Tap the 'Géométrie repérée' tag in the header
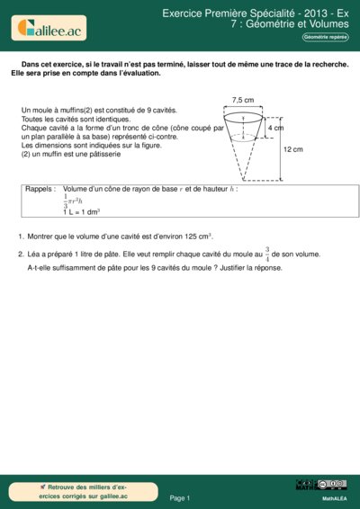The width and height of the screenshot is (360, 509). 327,37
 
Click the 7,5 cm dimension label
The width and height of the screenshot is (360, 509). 242,100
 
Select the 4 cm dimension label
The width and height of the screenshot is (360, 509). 275,129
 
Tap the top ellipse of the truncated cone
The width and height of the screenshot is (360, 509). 243,115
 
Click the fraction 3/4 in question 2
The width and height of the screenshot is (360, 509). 266,254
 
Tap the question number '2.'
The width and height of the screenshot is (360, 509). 21,254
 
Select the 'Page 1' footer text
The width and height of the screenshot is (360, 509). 179,497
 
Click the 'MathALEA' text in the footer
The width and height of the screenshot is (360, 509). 334,497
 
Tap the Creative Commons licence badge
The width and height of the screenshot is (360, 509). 320,486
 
